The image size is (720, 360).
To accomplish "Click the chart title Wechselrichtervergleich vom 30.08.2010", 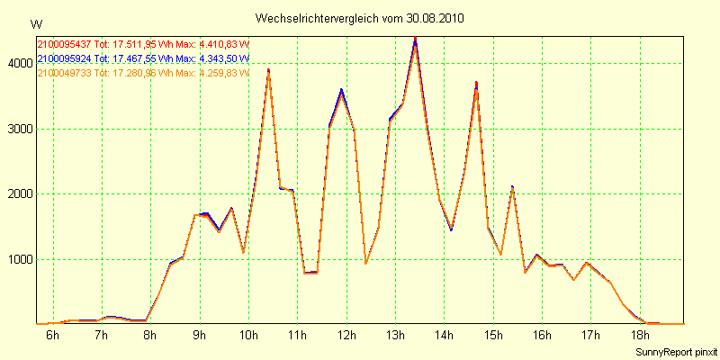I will [360, 18].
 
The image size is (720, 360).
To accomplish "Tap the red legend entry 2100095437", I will [65, 43].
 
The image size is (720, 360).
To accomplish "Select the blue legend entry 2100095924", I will [65, 58].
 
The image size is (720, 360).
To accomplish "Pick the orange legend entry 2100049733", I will [65, 73].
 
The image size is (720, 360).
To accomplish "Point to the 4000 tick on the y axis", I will [20, 64].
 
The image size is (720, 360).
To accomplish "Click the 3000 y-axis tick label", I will [20, 129].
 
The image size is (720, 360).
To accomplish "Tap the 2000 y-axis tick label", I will [20, 194].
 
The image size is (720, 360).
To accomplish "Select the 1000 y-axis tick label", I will [20, 259].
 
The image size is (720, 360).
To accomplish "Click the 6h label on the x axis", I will [53, 336].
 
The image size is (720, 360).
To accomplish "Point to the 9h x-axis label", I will [200, 336].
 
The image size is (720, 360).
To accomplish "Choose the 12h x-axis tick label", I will [346, 336].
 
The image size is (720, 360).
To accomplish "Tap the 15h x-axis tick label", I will [493, 336].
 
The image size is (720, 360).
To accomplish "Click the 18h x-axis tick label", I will [639, 336].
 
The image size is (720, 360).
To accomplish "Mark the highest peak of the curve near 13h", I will [415, 39].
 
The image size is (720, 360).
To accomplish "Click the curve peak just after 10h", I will [268, 69].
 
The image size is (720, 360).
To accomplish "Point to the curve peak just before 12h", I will [341, 90].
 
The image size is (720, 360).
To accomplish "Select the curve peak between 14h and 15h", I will [476, 84].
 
